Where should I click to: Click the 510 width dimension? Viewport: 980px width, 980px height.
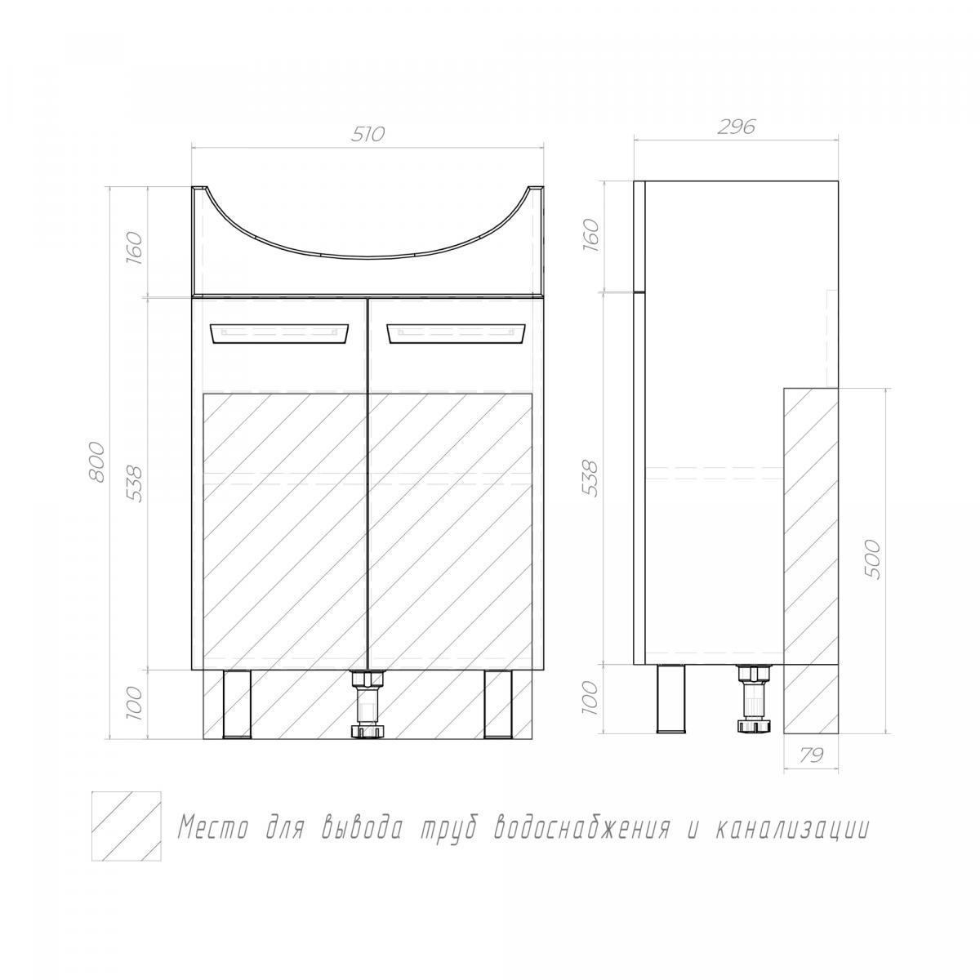368,134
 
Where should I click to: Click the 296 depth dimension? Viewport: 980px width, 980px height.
736,127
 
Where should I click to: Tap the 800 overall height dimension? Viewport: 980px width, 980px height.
97,462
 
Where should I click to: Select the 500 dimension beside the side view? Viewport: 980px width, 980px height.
871,559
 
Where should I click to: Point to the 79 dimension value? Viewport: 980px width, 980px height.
811,755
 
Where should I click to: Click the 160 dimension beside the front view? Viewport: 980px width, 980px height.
134,245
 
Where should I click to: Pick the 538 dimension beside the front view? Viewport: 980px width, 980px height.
134,483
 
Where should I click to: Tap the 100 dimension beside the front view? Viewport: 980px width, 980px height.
134,703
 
